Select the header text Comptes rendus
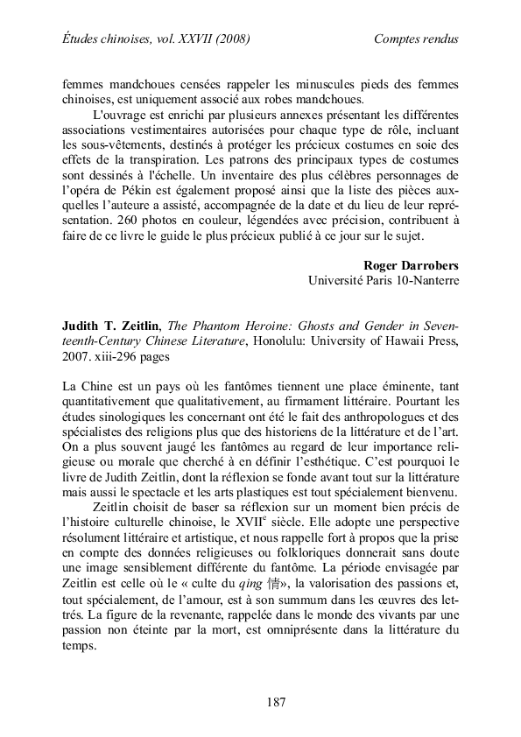(416, 39)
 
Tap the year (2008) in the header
(229, 39)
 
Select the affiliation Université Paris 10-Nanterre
(384, 281)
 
